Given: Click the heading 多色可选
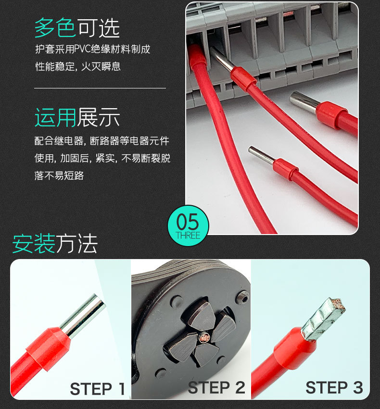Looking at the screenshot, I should pos(77,29).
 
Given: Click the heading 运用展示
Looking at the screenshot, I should pos(77,117).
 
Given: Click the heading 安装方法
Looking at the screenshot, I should pos(55,244).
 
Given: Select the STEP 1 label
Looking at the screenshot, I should pos(98,388).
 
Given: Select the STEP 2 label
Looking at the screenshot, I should pos(216,387).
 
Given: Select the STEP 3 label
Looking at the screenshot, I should pos(334,387).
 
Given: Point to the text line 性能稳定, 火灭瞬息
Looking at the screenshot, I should pos(78,66).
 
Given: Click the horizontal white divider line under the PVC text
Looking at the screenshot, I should pos(100,88).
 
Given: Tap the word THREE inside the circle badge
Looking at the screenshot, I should pos(188,235).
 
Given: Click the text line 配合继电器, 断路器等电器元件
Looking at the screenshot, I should pos(102,141).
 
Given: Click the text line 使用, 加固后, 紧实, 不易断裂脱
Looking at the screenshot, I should pos(102,159).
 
